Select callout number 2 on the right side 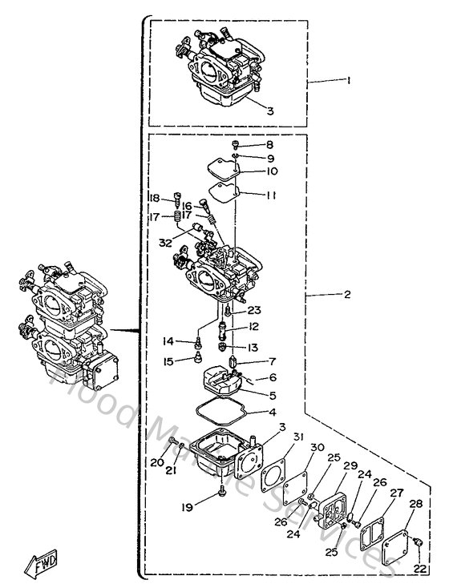click(x=347, y=295)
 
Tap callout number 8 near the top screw click(x=270, y=145)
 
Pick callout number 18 click(x=152, y=198)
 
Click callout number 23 click(x=254, y=310)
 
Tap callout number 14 click(x=168, y=341)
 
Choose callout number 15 click(x=168, y=362)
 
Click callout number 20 click(x=157, y=462)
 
